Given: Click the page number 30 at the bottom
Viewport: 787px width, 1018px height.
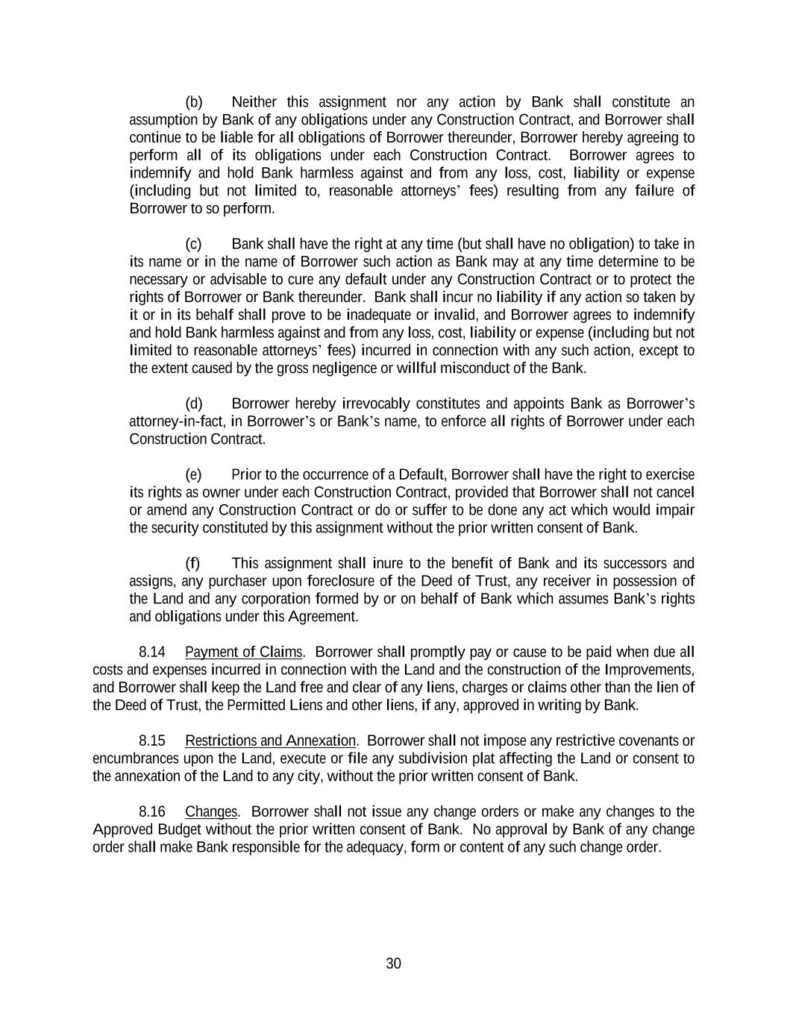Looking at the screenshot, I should point(393,964).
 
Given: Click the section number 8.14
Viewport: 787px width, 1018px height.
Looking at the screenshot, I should point(151,653).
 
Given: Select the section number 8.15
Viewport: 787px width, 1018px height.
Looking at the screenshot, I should point(151,741).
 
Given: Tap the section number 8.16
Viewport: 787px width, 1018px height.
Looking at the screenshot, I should point(151,812).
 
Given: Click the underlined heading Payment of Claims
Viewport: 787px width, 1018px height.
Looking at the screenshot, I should point(244,653).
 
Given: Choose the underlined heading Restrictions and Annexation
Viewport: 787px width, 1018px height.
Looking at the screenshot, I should point(270,741).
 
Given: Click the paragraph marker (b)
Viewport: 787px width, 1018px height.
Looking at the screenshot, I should point(194,102).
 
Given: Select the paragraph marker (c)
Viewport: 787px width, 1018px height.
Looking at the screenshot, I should point(194,244).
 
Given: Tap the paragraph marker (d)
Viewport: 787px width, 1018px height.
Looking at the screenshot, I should point(194,404).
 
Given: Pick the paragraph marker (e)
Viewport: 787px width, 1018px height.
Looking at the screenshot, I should point(194,475).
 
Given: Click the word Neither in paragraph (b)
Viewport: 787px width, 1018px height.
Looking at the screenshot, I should point(254,102).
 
